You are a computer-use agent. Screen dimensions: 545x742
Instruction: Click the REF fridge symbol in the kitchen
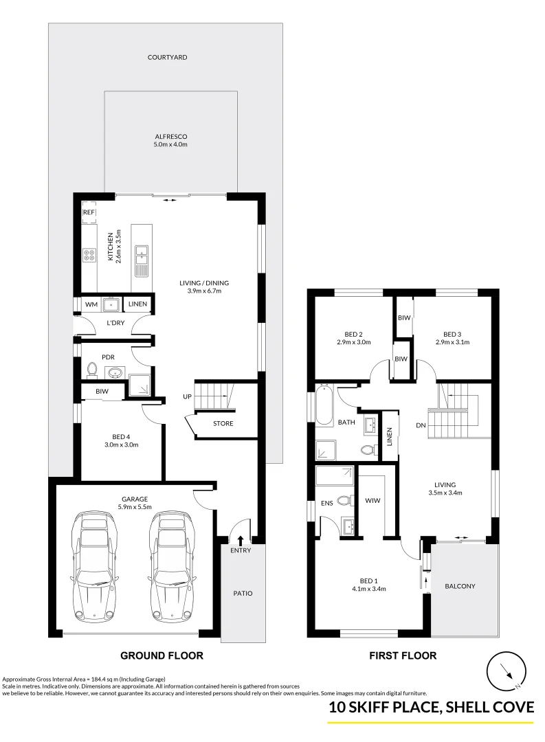[89, 212]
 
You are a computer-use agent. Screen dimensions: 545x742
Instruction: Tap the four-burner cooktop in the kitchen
[89, 256]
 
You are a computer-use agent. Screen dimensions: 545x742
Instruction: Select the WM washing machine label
[91, 304]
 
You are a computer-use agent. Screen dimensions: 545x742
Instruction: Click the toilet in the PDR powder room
[92, 370]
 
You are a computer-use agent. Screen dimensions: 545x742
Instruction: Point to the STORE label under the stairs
[223, 423]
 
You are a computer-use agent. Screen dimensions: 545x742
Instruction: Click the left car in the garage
[95, 566]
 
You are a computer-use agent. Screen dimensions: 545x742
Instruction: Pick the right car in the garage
[173, 566]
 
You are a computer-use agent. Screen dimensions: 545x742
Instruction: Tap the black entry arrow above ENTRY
[241, 540]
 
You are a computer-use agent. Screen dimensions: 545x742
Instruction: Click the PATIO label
[243, 594]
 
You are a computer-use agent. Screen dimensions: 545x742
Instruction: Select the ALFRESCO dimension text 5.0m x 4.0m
[170, 144]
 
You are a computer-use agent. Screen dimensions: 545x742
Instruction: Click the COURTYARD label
[167, 57]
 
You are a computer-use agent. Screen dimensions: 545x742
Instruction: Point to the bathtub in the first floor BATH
[324, 405]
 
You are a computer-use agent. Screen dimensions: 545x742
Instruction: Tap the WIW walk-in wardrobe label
[372, 501]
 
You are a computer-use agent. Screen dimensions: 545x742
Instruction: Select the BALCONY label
[460, 586]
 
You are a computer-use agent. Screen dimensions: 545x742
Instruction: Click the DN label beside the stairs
[421, 425]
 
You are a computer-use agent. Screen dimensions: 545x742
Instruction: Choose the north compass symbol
[507, 671]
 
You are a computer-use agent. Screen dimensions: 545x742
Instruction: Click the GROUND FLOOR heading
[162, 656]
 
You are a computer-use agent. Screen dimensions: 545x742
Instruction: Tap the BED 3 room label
[452, 334]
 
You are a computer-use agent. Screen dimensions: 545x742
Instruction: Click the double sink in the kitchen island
[142, 256]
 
